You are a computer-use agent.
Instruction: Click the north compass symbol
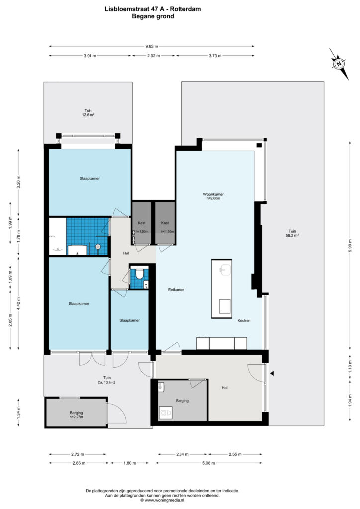pyautogui.click(x=339, y=64)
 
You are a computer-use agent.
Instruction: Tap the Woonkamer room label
pyautogui.click(x=213, y=194)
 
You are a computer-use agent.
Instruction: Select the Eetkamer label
pyautogui.click(x=176, y=290)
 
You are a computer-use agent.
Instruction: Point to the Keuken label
pyautogui.click(x=244, y=321)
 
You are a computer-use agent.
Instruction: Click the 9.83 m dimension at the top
pyautogui.click(x=152, y=46)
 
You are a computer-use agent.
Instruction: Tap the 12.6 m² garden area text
pyautogui.click(x=88, y=115)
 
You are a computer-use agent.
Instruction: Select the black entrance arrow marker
pyautogui.click(x=272, y=374)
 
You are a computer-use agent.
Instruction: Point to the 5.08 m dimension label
pyautogui.click(x=208, y=463)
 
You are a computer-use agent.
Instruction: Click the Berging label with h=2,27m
pyautogui.click(x=76, y=415)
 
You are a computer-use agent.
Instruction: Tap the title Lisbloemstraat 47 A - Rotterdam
pyautogui.click(x=153, y=9)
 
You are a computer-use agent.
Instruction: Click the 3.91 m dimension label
pyautogui.click(x=90, y=56)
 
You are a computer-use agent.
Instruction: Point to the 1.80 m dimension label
pyautogui.click(x=130, y=463)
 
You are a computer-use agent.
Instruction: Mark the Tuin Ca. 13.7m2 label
pyautogui.click(x=107, y=380)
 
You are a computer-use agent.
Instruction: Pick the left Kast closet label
pyautogui.click(x=142, y=223)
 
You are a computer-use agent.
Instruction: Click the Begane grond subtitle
pyautogui.click(x=153, y=16)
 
